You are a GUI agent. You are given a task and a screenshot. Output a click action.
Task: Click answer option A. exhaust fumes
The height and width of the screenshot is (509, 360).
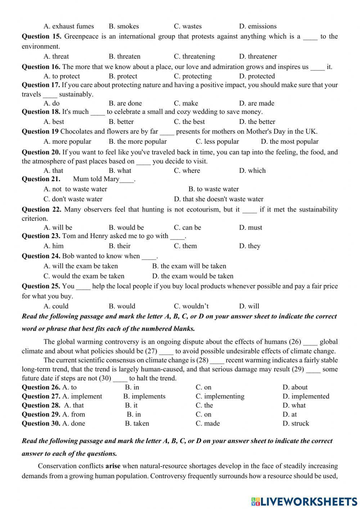(x=68, y=26)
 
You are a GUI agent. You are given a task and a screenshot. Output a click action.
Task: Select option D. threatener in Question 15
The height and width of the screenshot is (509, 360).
(x=258, y=57)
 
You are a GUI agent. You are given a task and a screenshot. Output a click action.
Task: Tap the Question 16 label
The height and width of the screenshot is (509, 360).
(x=41, y=67)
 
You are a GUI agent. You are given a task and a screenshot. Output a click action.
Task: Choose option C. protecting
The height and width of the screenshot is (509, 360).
(x=193, y=76)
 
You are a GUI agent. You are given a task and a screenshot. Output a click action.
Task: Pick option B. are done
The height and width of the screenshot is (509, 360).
(x=125, y=103)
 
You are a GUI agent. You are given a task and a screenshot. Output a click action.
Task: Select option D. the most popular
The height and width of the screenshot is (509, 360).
(x=289, y=142)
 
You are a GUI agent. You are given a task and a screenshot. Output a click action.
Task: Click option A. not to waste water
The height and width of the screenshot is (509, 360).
(x=75, y=189)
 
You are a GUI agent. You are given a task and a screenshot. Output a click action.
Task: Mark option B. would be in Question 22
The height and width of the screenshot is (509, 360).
(x=126, y=228)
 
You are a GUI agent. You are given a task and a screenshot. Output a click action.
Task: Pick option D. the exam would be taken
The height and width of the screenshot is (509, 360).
(x=193, y=276)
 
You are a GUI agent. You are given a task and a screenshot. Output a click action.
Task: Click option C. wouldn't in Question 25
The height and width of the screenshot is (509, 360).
(x=191, y=307)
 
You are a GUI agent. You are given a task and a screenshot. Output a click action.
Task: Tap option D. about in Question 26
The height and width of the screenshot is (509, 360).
(x=295, y=388)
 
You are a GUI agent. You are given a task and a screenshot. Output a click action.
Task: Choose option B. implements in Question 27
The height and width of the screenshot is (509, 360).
(x=144, y=397)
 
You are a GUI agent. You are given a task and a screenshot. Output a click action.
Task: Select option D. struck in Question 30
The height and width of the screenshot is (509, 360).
(x=296, y=424)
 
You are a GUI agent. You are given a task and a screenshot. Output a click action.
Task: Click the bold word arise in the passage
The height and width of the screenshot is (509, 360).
(x=113, y=466)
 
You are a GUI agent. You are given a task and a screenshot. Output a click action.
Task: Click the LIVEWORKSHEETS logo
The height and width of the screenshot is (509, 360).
(x=304, y=501)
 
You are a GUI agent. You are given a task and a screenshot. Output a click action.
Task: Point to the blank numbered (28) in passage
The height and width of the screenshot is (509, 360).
(x=217, y=361)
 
